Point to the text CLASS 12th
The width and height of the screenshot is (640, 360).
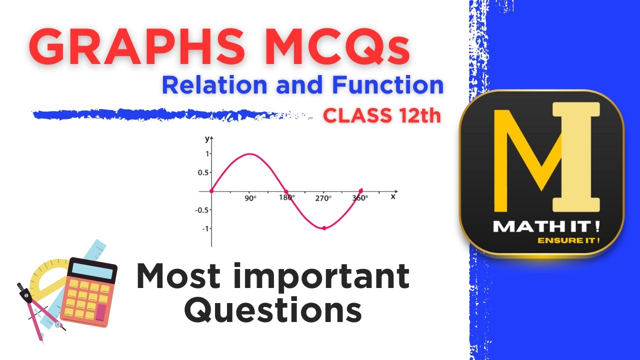pyautogui.click(x=382, y=116)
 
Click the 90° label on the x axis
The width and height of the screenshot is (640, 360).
pyautogui.click(x=250, y=198)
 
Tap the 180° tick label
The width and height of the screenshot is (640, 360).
pyautogui.click(x=287, y=198)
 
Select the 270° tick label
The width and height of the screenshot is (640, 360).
pyautogui.click(x=323, y=198)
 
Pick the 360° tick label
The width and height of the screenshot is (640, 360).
pyautogui.click(x=360, y=198)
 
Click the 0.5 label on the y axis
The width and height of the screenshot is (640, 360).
pyautogui.click(x=202, y=172)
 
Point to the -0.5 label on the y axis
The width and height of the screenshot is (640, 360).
pyautogui.click(x=201, y=209)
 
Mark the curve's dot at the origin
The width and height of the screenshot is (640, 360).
pyautogui.click(x=211, y=191)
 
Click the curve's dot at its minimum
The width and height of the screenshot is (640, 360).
pyautogui.click(x=324, y=228)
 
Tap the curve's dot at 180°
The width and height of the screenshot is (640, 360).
pyautogui.click(x=286, y=191)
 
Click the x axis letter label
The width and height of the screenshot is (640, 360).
pyautogui.click(x=393, y=196)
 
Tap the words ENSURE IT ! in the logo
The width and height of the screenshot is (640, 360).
pyautogui.click(x=568, y=240)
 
